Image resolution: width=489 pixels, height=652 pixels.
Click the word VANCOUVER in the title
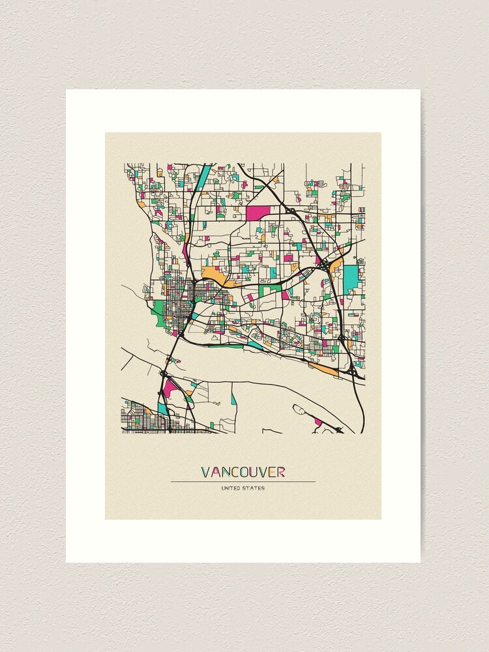click(x=243, y=471)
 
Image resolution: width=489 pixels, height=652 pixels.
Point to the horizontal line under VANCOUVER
click(x=243, y=481)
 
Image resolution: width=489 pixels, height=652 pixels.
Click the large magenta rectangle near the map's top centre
click(x=258, y=213)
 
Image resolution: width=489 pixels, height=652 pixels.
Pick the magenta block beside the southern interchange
click(x=170, y=389)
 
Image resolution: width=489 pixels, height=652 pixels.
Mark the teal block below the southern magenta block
click(x=163, y=408)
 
